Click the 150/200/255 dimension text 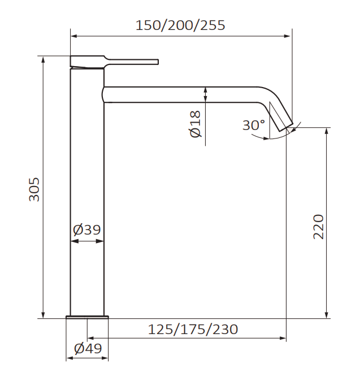click(x=180, y=25)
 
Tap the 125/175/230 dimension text click(x=193, y=330)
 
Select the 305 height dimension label click(x=34, y=189)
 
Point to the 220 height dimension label click(x=319, y=227)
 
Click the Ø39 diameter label click(x=86, y=230)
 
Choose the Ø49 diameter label click(x=88, y=349)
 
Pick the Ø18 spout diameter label click(x=196, y=124)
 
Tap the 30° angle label click(x=254, y=125)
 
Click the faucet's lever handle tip click(x=158, y=62)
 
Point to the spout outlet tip click(x=287, y=128)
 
